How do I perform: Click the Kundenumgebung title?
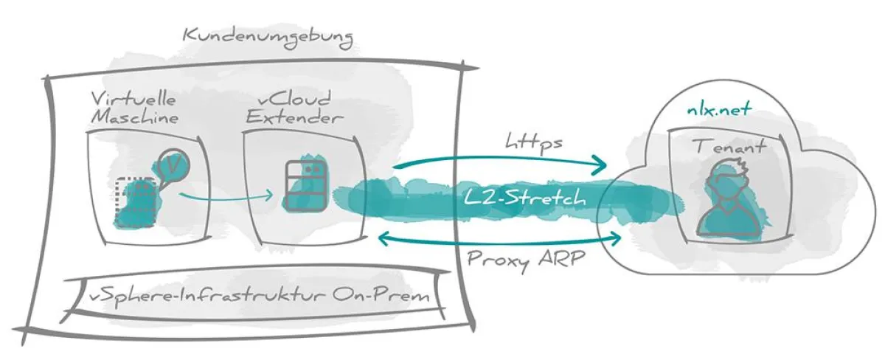pos(267,35)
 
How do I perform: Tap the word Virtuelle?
pos(123,99)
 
